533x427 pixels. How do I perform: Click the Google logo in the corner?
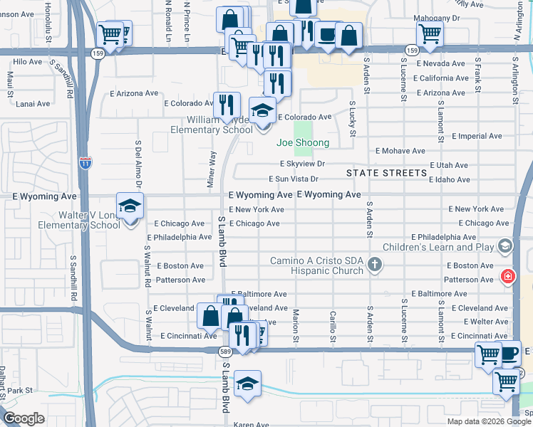[x=24, y=418]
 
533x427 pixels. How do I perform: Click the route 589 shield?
[x=224, y=351]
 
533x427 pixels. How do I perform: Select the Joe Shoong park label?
[x=303, y=143]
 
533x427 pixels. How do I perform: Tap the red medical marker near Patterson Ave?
[x=507, y=275]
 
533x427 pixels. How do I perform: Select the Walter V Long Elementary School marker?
[x=130, y=207]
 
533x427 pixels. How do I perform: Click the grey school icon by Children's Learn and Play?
[x=505, y=247]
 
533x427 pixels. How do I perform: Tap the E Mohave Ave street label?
[x=400, y=151]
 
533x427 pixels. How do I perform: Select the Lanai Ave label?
[x=33, y=103]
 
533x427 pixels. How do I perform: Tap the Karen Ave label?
[x=252, y=424]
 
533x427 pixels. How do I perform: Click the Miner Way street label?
[x=212, y=168]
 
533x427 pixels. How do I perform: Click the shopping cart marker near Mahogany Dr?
[x=430, y=33]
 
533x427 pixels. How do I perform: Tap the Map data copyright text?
[x=489, y=421]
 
